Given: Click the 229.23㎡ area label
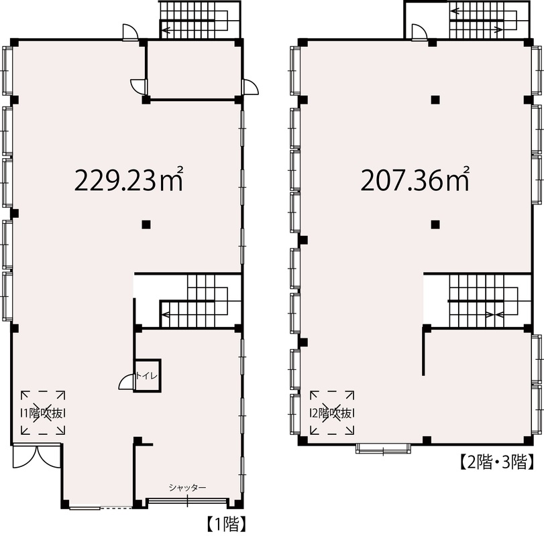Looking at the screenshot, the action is point(129,180).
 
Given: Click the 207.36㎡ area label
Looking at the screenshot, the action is point(415,180).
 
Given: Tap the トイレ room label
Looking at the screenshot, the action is point(146,376).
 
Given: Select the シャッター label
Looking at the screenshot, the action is point(187,488).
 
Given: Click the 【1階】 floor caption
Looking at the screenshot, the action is point(227,523).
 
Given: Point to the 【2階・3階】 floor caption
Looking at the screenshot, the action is point(496,462).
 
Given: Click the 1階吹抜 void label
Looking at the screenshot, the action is point(44,413).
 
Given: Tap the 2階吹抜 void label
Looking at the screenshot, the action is point(332,413).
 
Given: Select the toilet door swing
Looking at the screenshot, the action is point(126,382).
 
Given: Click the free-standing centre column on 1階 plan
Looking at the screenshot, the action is point(146,224).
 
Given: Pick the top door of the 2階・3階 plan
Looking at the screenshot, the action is point(419,32).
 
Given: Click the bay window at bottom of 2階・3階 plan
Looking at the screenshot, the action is point(384,448).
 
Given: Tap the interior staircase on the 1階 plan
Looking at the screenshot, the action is point(200,301).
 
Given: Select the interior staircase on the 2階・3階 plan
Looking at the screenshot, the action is point(489,301).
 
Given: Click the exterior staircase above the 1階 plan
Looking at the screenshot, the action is point(199,19).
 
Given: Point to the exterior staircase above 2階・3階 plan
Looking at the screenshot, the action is point(489,19).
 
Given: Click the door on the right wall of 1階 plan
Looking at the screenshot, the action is point(250,86).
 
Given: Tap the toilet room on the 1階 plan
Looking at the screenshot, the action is point(148,376).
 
